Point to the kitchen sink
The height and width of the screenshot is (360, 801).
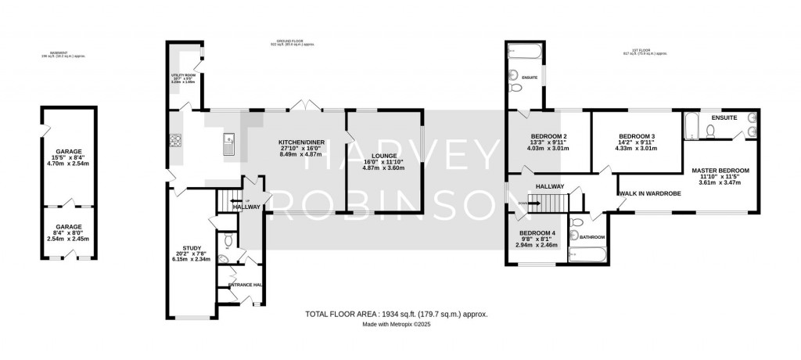point(228,142)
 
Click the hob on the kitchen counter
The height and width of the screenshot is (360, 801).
point(175,142)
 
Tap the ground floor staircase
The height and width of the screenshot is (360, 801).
point(226,201)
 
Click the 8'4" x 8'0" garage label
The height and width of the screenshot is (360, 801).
point(67,232)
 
